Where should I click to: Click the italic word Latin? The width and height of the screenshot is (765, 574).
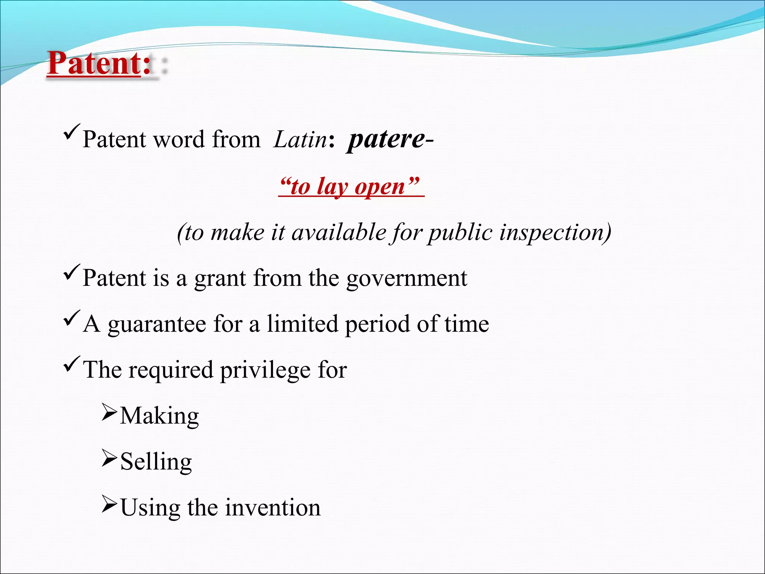tap(300, 140)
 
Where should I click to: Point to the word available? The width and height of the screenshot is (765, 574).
tap(338, 232)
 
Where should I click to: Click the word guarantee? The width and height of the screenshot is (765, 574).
tap(157, 324)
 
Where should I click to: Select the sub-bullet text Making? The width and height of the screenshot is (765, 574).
tap(159, 416)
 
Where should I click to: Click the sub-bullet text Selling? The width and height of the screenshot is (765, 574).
tap(156, 462)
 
